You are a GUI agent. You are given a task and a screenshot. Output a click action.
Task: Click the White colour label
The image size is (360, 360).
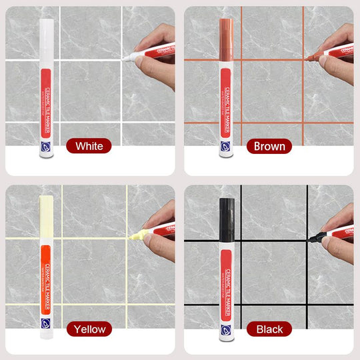(x=89, y=146)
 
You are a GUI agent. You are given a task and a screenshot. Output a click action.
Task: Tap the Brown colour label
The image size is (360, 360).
(x=269, y=146)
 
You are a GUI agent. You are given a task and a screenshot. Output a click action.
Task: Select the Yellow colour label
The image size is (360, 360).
(x=89, y=329)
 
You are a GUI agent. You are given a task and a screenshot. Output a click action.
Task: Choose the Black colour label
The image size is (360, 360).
(x=269, y=329)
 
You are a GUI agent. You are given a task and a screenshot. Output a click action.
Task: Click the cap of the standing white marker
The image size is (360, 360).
(x=47, y=37)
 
